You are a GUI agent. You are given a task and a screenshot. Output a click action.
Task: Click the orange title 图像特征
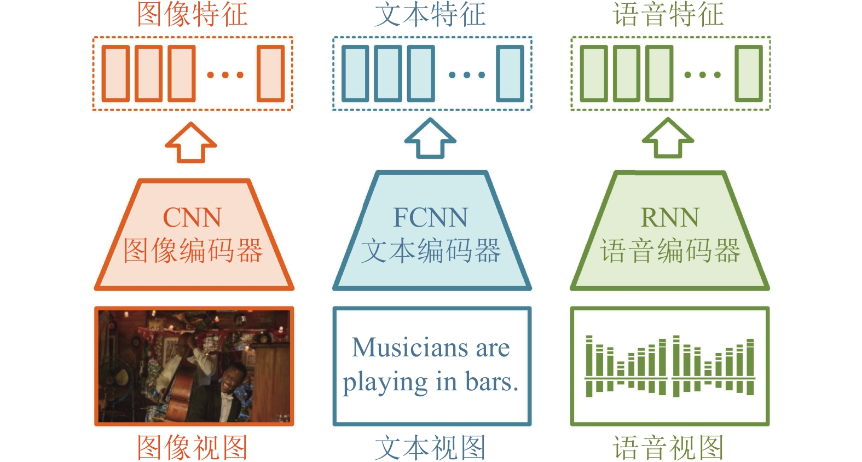click(193, 15)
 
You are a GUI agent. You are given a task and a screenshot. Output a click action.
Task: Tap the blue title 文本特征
click(430, 15)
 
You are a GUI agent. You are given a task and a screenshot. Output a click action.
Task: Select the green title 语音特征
click(668, 15)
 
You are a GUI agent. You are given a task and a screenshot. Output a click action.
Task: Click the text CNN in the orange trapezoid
click(193, 217)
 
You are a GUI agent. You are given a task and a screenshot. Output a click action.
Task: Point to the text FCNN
click(430, 217)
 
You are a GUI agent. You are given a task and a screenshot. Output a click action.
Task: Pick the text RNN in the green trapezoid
click(669, 217)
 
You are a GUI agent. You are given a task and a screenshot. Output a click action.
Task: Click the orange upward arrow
click(191, 142)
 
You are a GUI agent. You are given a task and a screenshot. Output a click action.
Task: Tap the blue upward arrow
click(430, 138)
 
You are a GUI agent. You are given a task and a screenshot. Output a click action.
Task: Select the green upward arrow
click(668, 138)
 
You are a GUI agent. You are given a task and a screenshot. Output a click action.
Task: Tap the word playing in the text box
click(385, 383)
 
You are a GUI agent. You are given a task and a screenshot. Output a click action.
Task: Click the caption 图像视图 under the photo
click(193, 447)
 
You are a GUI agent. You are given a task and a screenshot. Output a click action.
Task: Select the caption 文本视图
click(430, 447)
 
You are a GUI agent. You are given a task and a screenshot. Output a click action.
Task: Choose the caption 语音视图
click(668, 447)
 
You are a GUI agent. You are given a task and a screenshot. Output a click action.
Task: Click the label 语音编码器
click(670, 251)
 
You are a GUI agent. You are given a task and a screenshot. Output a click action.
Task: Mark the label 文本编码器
click(431, 251)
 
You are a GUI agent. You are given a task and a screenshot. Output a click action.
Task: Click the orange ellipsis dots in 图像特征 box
click(225, 74)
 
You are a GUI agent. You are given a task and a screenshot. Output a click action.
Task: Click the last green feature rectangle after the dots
click(749, 73)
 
